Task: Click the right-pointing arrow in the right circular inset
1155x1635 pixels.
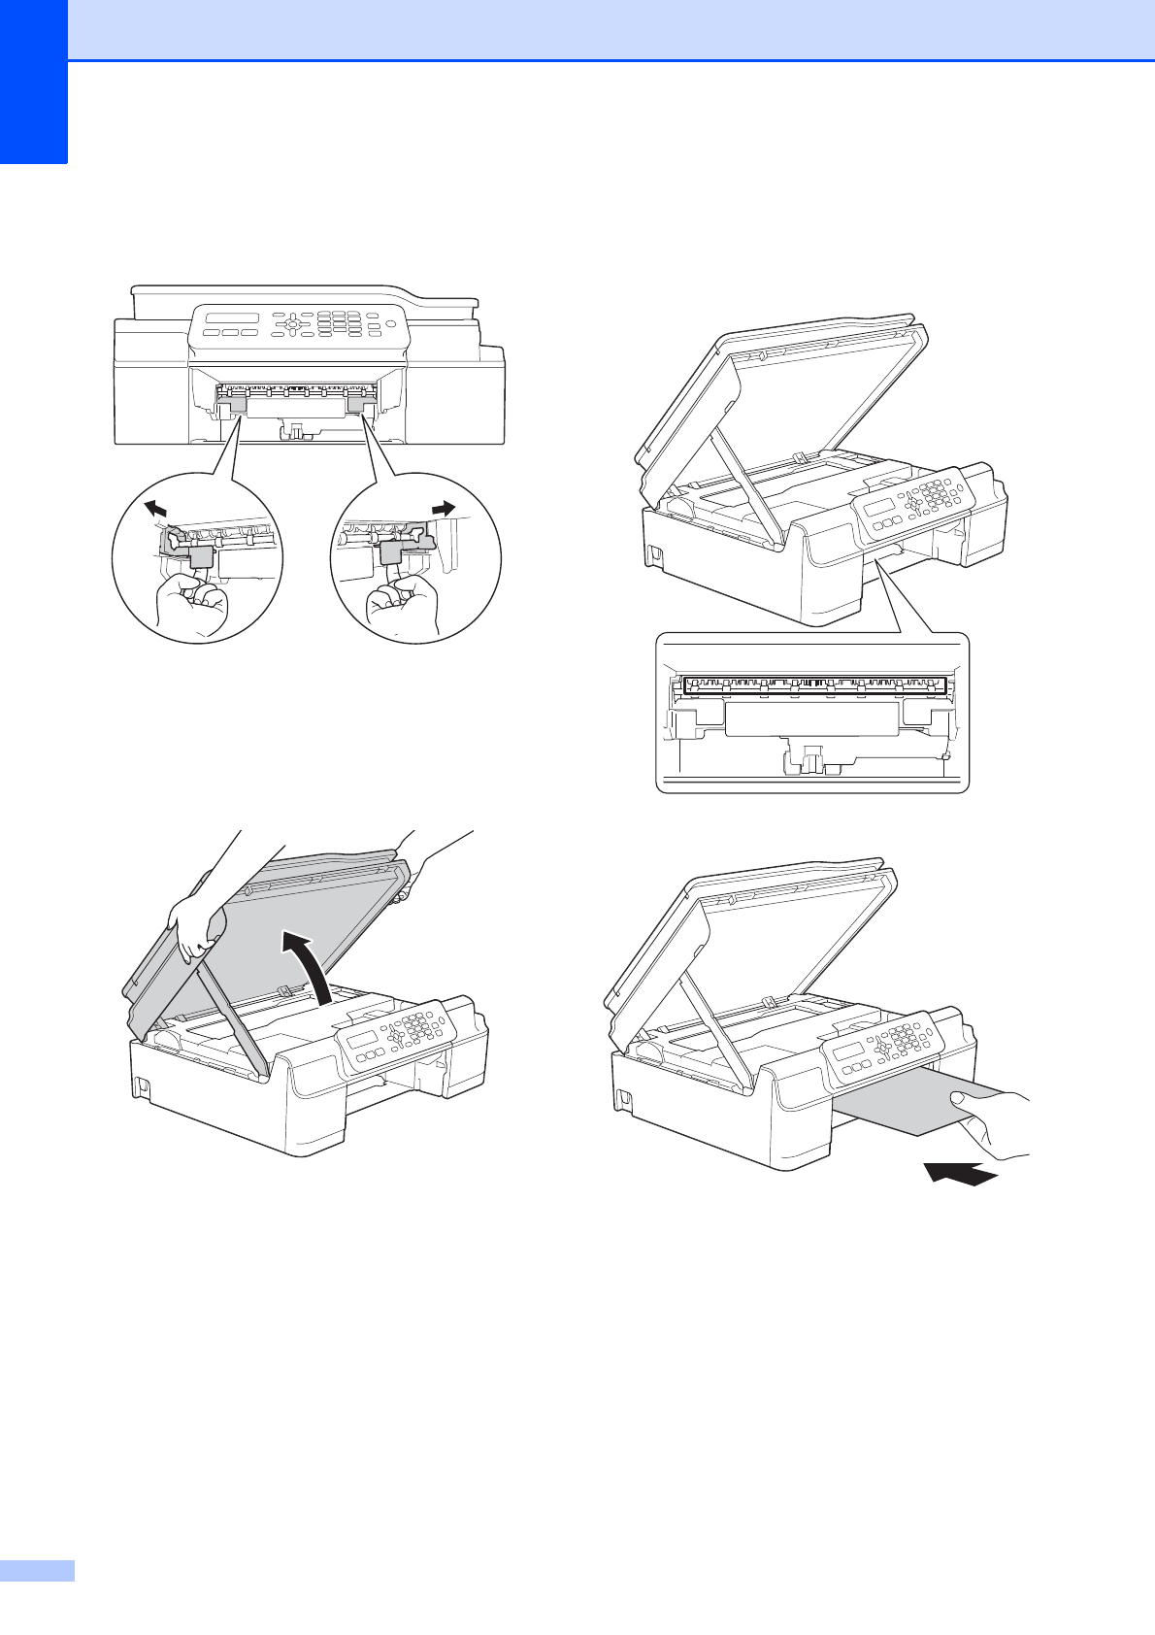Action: pyautogui.click(x=444, y=507)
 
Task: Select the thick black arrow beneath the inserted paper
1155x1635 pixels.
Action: pyautogui.click(x=960, y=1173)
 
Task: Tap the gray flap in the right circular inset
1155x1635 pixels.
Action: pyautogui.click(x=393, y=552)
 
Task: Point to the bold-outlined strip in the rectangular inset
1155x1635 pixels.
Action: pyautogui.click(x=813, y=685)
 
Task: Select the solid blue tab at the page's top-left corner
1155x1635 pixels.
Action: pyautogui.click(x=34, y=82)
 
